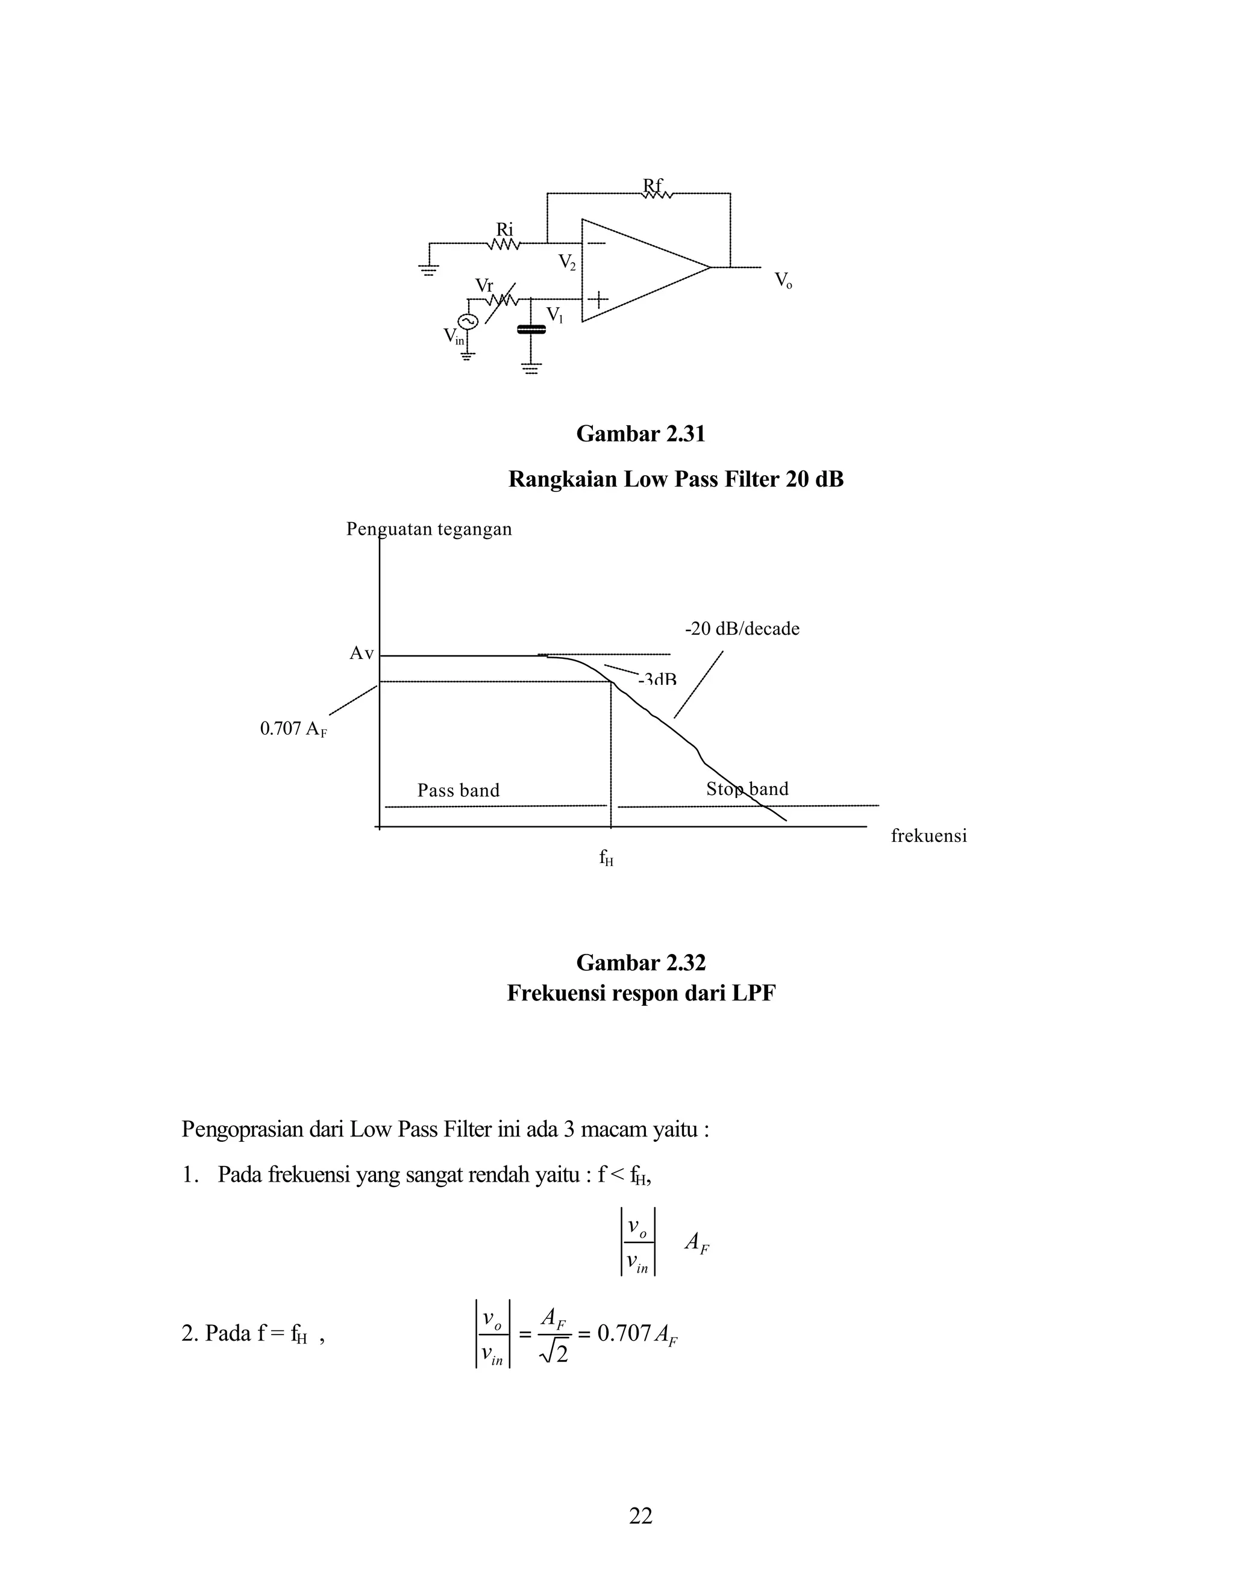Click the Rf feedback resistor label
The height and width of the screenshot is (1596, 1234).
653,185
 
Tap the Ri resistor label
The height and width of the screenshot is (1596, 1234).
505,229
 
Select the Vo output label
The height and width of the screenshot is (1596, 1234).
783,280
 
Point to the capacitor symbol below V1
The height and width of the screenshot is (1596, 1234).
531,330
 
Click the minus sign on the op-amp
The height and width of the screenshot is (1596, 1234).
597,243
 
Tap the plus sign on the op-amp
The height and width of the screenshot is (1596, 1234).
598,299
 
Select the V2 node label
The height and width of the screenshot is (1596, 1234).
566,261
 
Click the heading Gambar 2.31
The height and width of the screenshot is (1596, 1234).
640,434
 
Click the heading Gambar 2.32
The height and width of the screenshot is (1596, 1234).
640,962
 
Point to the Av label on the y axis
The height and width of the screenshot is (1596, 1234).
361,653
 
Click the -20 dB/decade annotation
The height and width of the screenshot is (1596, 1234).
742,628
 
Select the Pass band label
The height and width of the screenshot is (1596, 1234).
459,790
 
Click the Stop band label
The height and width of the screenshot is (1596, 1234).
747,789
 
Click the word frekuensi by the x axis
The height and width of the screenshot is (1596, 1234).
929,836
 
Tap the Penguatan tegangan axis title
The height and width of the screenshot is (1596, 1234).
429,529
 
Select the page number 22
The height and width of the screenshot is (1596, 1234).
640,1517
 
